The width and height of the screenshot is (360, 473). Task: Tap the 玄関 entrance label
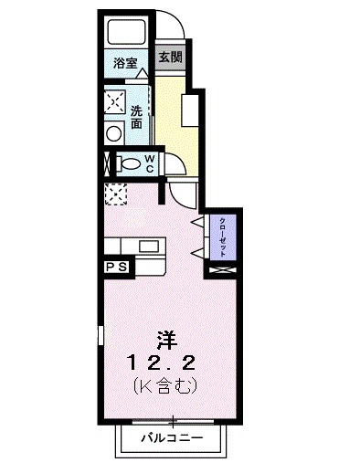point(170,57)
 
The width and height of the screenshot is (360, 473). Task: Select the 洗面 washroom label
point(136,117)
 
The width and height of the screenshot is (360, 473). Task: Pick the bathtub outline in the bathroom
point(126,33)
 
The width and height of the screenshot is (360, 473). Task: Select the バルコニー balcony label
point(171,437)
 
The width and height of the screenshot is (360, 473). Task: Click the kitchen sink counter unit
point(133,247)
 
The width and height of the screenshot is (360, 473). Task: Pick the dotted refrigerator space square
point(116,193)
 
